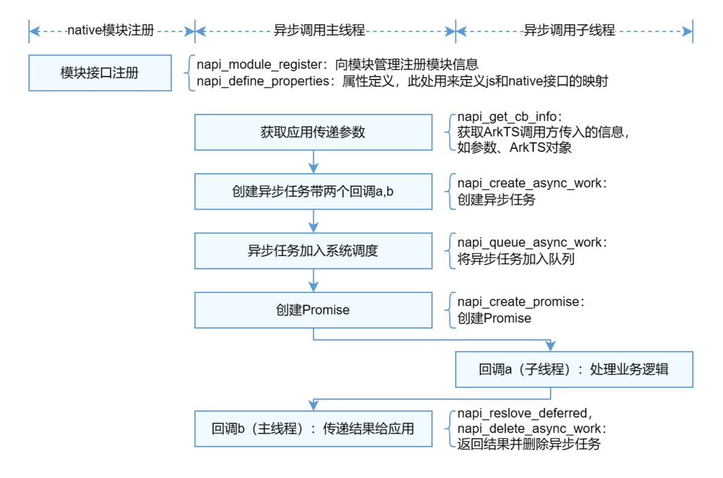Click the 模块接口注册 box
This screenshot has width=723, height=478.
[99, 73]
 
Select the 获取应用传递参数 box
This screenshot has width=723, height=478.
[313, 132]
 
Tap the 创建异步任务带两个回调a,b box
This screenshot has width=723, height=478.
[313, 191]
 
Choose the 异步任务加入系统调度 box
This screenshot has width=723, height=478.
[313, 251]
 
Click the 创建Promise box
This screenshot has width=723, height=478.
[313, 310]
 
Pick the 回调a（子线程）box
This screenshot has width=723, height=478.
[574, 370]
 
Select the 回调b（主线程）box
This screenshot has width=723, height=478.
[313, 429]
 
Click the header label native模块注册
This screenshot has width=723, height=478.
[111, 30]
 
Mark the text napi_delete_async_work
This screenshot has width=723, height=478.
[529, 429]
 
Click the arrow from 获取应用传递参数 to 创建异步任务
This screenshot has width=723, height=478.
[313, 162]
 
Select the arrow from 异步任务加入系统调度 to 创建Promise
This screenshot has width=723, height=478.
[313, 280]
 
